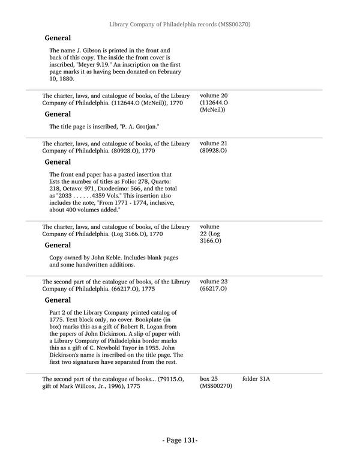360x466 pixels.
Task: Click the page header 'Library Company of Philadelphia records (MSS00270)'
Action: (179, 25)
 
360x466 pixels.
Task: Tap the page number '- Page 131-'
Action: (179, 440)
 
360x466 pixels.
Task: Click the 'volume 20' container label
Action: (214, 95)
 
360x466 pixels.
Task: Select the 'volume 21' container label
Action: (214, 144)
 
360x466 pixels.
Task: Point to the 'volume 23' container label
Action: (214, 281)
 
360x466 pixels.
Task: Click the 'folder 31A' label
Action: (256, 379)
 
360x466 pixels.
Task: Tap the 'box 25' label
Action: (209, 379)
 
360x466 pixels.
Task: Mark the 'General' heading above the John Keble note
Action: (58, 245)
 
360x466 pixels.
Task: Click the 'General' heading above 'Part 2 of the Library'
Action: (58, 300)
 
